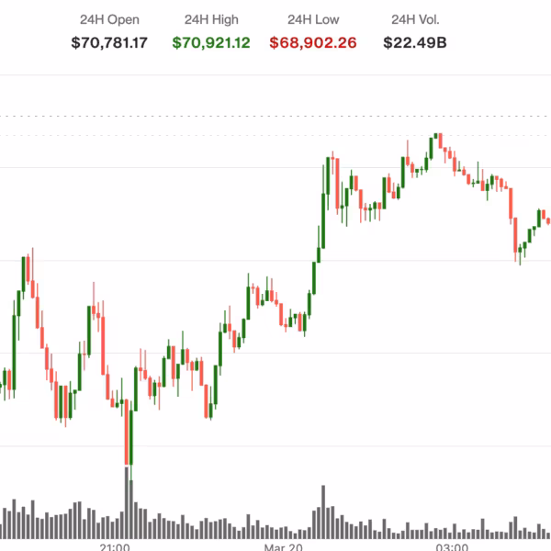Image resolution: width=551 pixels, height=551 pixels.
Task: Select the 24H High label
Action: pos(210,19)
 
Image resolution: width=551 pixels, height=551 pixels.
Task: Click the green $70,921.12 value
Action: pos(210,42)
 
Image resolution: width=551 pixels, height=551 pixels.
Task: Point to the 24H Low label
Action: pos(312,19)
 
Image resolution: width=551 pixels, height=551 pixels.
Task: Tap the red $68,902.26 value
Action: pos(312,42)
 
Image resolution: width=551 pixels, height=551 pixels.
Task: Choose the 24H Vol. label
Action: pos(415,19)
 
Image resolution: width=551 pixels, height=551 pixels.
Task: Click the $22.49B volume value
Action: pos(415,42)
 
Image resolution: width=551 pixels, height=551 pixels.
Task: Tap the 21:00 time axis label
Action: pos(114,546)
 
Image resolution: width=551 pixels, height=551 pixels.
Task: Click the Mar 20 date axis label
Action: pos(284,546)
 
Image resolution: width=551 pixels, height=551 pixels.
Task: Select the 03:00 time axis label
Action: pos(452,546)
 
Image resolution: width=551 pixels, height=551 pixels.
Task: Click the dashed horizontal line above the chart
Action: pos(275,117)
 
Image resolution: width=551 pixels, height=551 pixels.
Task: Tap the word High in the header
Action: pos(226,19)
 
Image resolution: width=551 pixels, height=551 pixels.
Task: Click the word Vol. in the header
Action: pos(431,19)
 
